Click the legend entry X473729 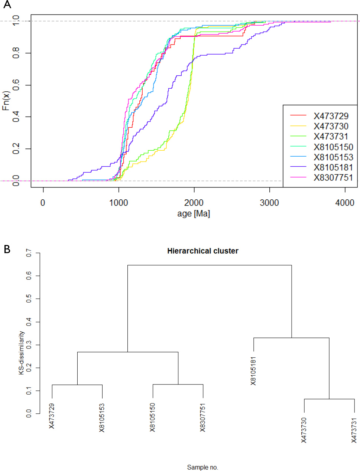point(331,116)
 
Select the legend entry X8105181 point(333,167)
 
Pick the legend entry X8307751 point(333,178)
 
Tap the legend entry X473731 point(331,137)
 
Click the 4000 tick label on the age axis point(345,203)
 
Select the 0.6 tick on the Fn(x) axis point(16,85)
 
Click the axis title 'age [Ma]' point(194,214)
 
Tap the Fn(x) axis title point(6,101)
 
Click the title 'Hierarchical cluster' point(202,251)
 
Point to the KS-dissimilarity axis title point(22,353)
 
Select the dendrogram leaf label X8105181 point(253,371)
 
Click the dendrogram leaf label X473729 point(52,416)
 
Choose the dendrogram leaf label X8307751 point(203,418)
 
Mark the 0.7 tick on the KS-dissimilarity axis point(29,253)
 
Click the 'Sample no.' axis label point(202,467)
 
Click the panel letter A point(7,5)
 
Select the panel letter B point(7,249)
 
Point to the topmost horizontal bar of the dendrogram point(210,265)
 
